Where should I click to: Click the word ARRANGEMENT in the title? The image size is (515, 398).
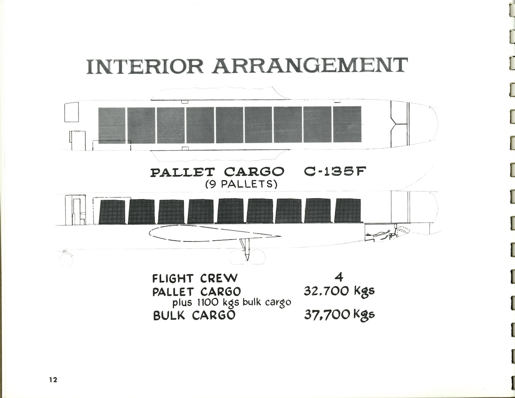[310, 65]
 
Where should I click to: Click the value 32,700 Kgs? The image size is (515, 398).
[339, 291]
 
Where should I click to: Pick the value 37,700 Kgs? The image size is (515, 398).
[339, 315]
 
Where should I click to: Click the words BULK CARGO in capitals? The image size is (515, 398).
[194, 315]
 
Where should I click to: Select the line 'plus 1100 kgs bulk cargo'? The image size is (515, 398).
[231, 302]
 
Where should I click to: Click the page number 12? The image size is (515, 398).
[53, 380]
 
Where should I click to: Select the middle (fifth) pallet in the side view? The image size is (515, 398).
[230, 211]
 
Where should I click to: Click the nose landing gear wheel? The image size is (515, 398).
[66, 259]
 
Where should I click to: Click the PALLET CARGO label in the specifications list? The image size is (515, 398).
[196, 292]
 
